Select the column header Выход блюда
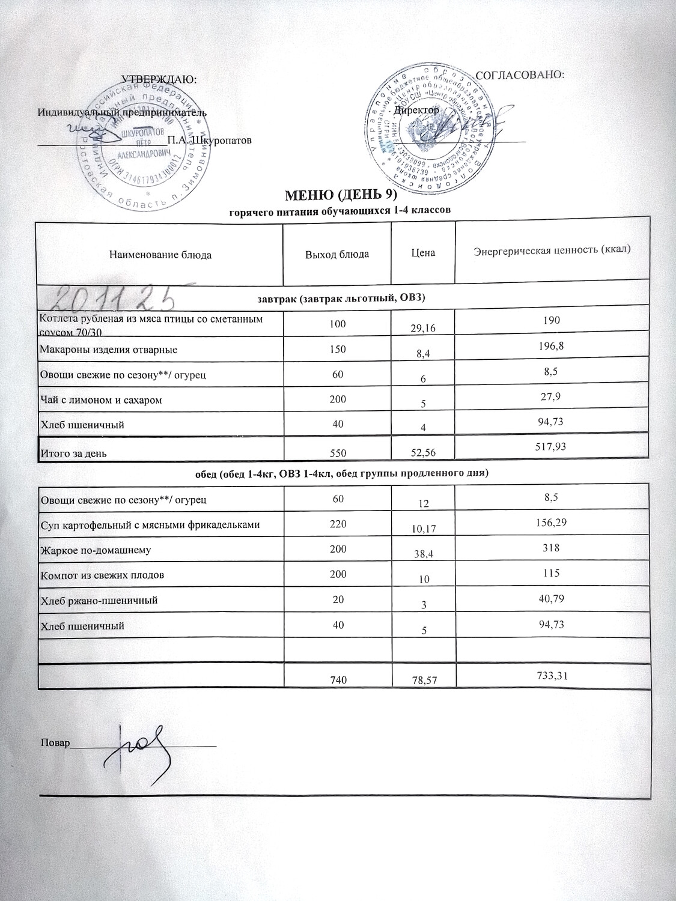[337, 254]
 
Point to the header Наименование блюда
[160, 255]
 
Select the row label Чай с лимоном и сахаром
[100, 399]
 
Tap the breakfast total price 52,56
[424, 454]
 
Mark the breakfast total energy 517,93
[550, 446]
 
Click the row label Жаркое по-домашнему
[95, 550]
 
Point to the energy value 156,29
[550, 523]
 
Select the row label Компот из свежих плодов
[102, 575]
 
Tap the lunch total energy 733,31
[550, 675]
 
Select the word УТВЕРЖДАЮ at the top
[159, 79]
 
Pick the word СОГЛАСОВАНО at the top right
[520, 75]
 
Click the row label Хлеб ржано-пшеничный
[99, 600]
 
